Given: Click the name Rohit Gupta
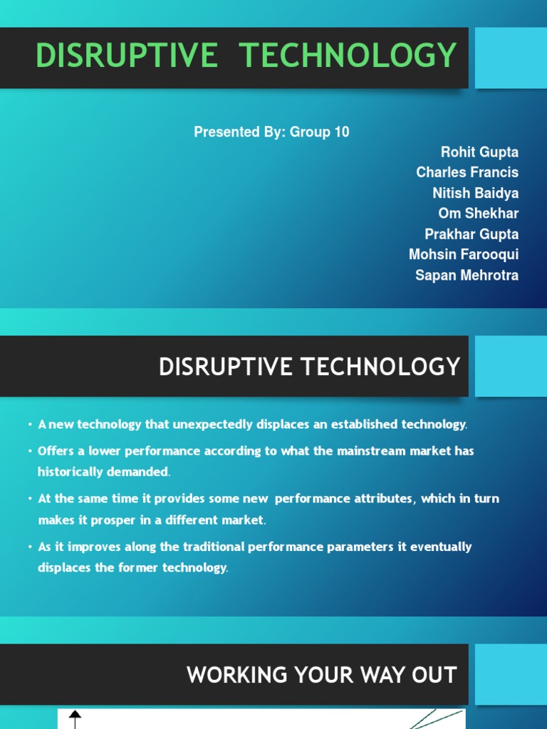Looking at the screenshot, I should pyautogui.click(x=479, y=152).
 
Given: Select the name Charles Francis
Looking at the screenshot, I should pyautogui.click(x=467, y=172).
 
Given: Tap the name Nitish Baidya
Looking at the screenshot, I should pyautogui.click(x=475, y=193).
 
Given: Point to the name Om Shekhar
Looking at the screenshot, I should pyautogui.click(x=479, y=214).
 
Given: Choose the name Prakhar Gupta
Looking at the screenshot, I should pyautogui.click(x=472, y=234).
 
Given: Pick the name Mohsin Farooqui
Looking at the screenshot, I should pyautogui.click(x=464, y=254).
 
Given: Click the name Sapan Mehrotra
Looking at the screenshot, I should pyautogui.click(x=467, y=275).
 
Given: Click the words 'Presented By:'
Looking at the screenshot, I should pyautogui.click(x=239, y=132).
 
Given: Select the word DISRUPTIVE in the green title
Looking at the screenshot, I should pyautogui.click(x=127, y=56).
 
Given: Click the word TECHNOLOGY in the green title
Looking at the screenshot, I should pyautogui.click(x=349, y=56).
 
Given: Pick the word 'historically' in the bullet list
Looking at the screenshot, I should pyautogui.click(x=71, y=472).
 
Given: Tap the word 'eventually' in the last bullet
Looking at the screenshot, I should pyautogui.click(x=444, y=547).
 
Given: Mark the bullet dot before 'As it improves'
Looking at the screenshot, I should pyautogui.click(x=31, y=547).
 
